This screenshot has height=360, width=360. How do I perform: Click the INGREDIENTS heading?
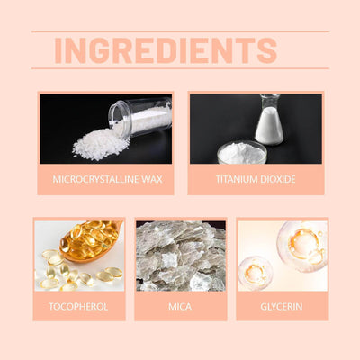[x=166, y=50]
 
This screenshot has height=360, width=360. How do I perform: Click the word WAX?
[x=152, y=179]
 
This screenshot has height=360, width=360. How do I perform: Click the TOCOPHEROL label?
[x=78, y=307]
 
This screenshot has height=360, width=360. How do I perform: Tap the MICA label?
[x=180, y=307]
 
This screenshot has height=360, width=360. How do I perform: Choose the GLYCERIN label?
[x=282, y=307]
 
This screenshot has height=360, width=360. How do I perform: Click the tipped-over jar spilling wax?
[x=139, y=117]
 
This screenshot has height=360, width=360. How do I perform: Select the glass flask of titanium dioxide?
[x=269, y=119]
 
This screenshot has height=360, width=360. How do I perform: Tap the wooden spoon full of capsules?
[x=91, y=241]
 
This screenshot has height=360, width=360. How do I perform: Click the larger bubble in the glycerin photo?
[x=302, y=247]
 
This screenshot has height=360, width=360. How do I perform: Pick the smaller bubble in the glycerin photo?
[x=256, y=273]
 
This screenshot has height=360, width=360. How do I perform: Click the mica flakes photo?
[x=181, y=256]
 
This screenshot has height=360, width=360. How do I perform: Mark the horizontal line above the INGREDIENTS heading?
[x=180, y=31]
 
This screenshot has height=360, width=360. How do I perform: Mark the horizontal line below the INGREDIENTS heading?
[x=180, y=68]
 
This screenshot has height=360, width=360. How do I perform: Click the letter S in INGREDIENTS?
[x=266, y=50]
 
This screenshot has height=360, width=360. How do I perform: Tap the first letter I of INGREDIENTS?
[x=58, y=50]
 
